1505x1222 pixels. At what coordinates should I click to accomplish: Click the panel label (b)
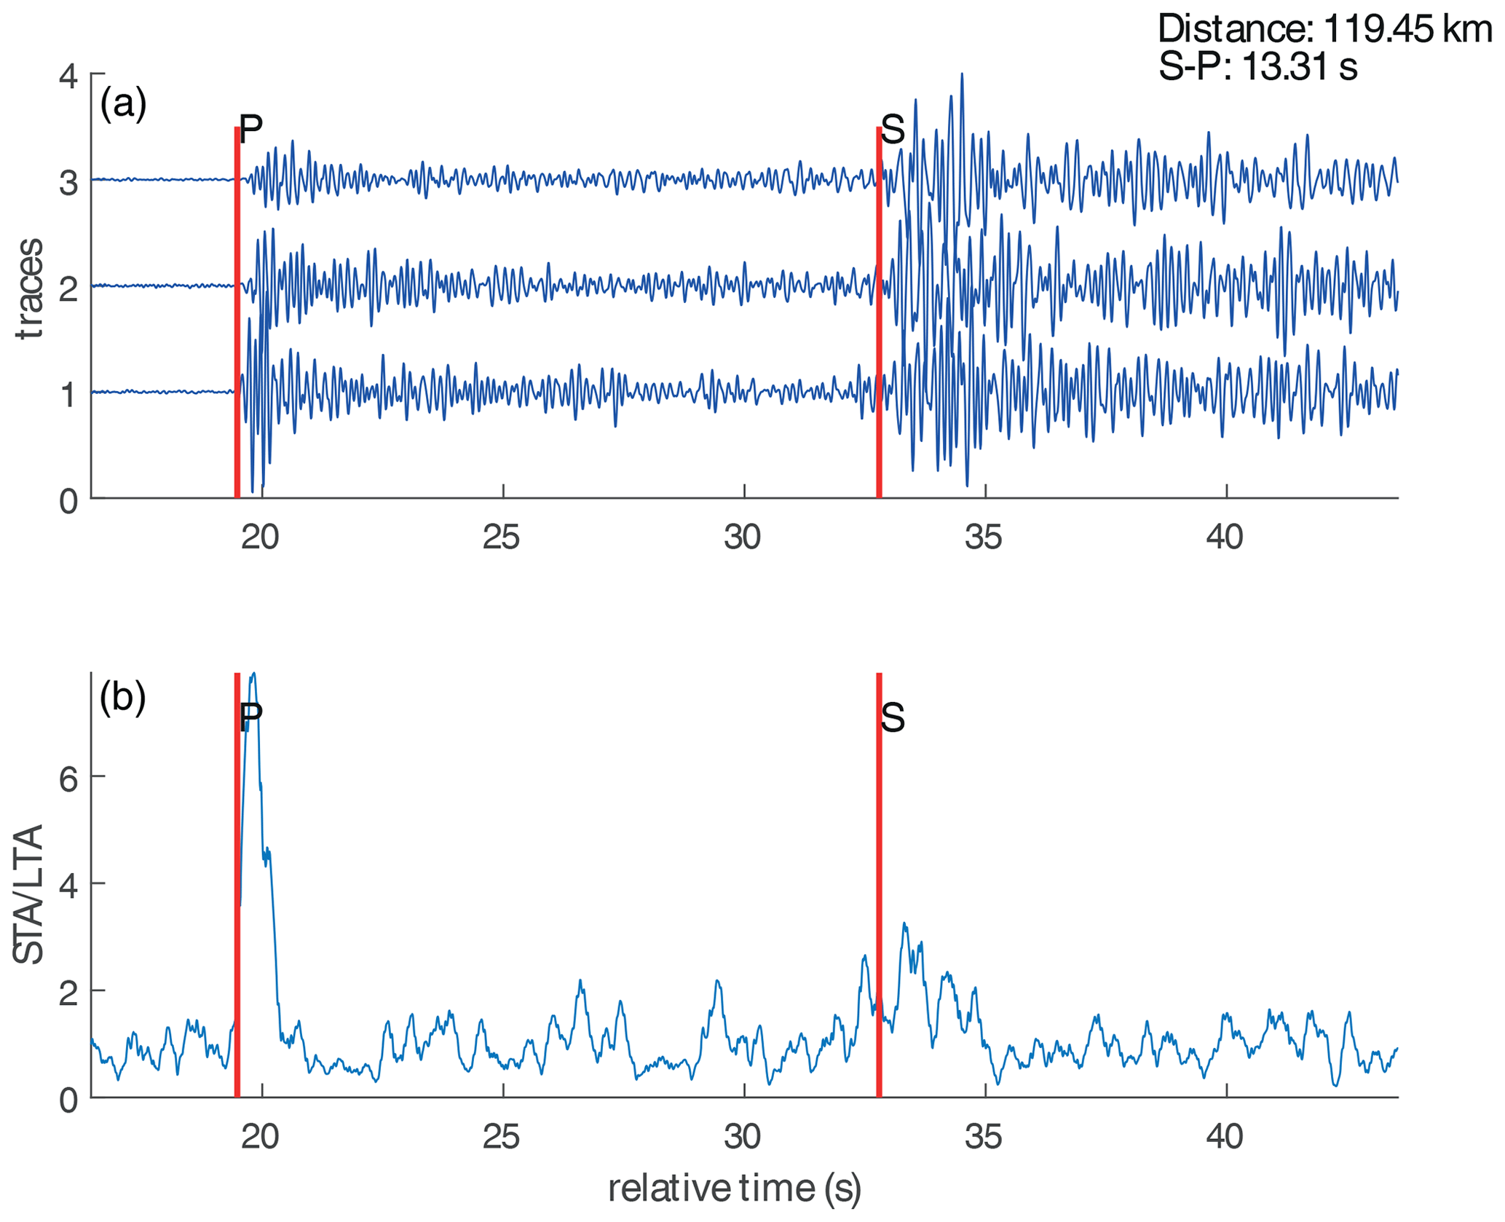point(123,697)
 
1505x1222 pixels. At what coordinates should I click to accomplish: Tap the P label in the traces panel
point(250,130)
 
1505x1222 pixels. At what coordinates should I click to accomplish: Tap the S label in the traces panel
point(893,130)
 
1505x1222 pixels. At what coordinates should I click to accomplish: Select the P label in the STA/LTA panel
point(250,717)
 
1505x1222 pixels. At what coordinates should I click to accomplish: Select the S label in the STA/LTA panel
point(893,718)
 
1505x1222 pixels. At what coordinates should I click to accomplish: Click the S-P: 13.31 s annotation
point(1258,67)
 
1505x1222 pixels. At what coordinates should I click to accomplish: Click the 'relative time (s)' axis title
point(735,1188)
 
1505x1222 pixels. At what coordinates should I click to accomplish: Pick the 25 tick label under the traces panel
point(502,537)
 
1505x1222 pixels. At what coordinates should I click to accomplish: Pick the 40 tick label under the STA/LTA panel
point(1225,1136)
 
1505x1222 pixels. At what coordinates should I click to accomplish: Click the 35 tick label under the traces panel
point(984,537)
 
